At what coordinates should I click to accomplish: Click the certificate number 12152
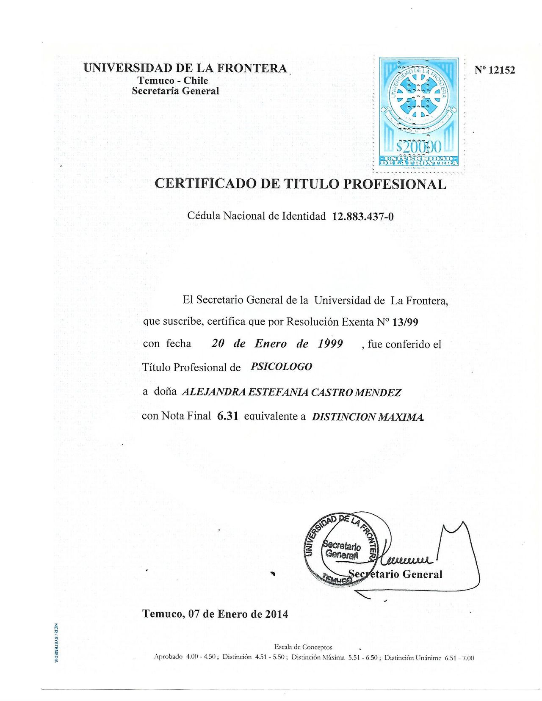click(x=502, y=70)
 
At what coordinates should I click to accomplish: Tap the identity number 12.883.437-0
click(x=363, y=217)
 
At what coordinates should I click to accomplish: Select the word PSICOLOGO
click(x=282, y=367)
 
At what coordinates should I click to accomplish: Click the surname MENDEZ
click(x=378, y=392)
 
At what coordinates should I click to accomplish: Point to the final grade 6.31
click(x=228, y=416)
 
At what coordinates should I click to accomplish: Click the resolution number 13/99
click(x=405, y=322)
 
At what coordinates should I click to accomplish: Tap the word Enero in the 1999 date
click(x=271, y=343)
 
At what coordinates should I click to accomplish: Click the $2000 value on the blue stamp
click(x=418, y=147)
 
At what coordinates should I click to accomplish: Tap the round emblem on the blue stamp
click(x=418, y=94)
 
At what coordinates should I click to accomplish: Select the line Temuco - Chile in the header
click(x=172, y=80)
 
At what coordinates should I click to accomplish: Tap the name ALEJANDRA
click(x=213, y=392)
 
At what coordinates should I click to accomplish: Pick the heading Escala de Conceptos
click(x=303, y=647)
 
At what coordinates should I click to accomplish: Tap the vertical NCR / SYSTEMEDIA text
click(x=56, y=643)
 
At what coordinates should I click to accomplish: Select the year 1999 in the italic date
click(x=330, y=343)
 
